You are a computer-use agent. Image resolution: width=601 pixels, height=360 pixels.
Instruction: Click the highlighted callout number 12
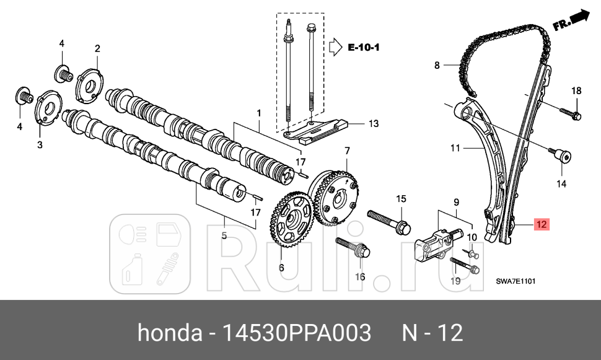[541, 224]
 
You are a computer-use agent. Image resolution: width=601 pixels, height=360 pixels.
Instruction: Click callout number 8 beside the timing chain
[436, 64]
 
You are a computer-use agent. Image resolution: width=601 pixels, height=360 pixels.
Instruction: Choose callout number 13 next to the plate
[373, 124]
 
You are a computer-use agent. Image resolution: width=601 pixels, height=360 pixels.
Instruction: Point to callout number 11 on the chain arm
[455, 148]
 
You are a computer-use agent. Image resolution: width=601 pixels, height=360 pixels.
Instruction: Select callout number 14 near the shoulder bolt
[561, 183]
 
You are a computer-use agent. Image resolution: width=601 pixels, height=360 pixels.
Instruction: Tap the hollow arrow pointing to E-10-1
[335, 46]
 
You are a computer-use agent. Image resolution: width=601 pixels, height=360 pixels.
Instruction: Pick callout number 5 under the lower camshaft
[224, 235]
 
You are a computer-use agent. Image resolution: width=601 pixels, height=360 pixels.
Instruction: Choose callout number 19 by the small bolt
[455, 281]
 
